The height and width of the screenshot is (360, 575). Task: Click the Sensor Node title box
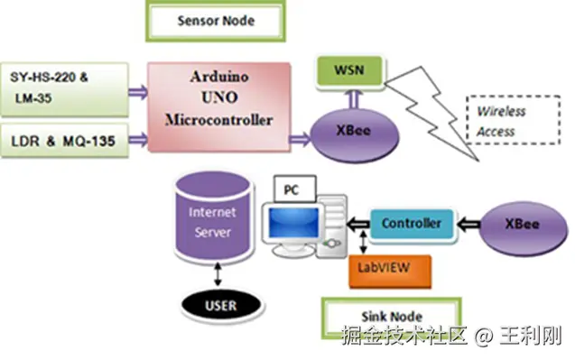(216, 21)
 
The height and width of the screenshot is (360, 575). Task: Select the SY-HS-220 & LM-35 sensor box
(65, 90)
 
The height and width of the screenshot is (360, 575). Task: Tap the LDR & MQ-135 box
(65, 141)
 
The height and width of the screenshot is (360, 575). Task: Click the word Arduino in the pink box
(219, 77)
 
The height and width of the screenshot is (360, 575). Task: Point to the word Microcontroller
(219, 120)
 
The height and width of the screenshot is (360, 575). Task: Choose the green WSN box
(349, 70)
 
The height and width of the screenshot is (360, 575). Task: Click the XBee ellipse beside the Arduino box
(354, 135)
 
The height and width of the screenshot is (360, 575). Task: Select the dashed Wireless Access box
(514, 120)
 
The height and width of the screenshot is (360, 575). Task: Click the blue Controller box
(412, 224)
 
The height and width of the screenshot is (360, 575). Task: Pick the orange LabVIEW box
(390, 271)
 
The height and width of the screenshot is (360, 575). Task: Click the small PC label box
(295, 189)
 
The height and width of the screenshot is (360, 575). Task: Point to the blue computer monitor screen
(293, 222)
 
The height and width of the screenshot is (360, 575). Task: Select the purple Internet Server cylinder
(213, 218)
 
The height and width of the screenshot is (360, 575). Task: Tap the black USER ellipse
(221, 306)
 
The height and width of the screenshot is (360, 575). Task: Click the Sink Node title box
(391, 317)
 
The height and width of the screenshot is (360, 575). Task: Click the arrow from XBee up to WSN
(354, 98)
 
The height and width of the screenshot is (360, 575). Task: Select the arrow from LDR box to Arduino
(138, 139)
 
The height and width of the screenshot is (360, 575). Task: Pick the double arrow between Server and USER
(218, 274)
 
